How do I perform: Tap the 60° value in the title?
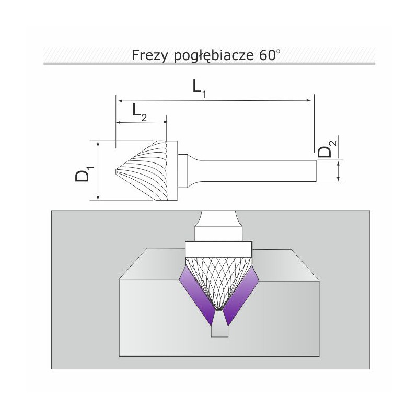269,55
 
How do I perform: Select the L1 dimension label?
200,89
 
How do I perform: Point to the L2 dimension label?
140,112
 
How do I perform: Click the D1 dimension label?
84,174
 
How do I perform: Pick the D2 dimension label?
327,149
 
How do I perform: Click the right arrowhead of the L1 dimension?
309,100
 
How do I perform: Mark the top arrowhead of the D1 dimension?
98,143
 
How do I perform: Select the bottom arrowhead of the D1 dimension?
98,198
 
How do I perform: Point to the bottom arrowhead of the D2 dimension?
338,179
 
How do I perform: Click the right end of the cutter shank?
317,171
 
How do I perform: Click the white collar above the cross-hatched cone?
218,249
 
